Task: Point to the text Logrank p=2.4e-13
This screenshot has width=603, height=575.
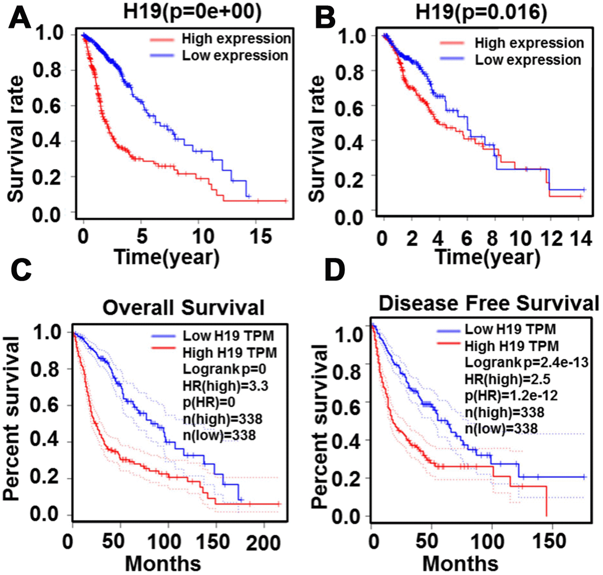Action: tap(510, 360)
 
